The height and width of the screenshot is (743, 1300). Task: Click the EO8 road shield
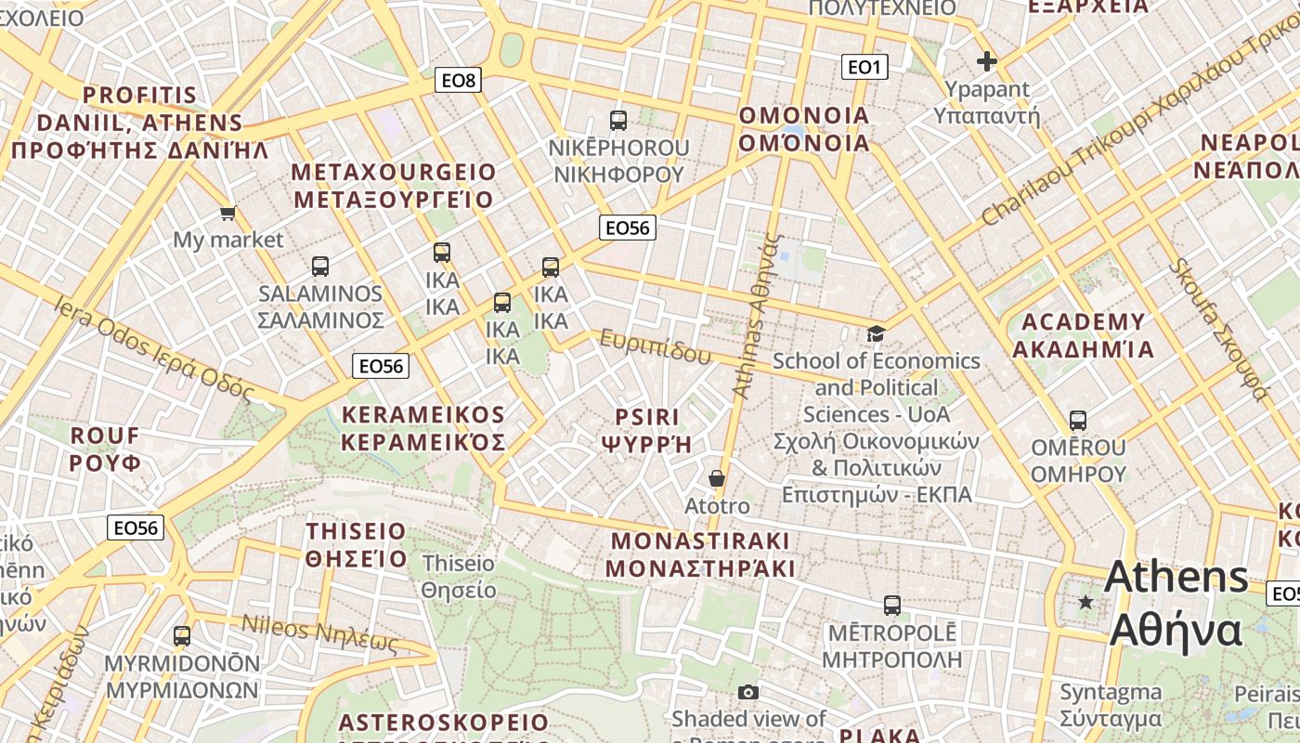[458, 81]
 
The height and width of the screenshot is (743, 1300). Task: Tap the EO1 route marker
[864, 67]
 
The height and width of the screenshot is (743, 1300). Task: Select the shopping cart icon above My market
[228, 214]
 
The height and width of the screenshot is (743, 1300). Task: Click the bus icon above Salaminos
[320, 267]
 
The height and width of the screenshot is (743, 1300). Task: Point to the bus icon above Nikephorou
[618, 120]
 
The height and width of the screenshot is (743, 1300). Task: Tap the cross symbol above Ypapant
[986, 62]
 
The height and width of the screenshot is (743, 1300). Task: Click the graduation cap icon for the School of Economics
[876, 333]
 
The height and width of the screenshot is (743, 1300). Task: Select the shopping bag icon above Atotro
[717, 478]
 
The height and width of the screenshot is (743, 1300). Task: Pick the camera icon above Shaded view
[748, 692]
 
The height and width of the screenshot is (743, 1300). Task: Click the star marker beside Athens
[1085, 602]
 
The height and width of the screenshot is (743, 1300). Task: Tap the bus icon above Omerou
[1078, 421]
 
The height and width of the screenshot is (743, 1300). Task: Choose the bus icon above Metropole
[892, 606]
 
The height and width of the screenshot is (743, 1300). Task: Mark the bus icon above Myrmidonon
[182, 636]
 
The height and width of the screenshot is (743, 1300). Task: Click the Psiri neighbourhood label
[647, 430]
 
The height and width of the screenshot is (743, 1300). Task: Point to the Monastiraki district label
[701, 554]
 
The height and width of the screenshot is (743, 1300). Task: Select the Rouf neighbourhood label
[105, 449]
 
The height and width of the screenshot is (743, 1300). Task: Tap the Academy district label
[1083, 335]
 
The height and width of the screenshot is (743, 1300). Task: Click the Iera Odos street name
[153, 347]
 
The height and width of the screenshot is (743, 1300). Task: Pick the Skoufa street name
[1217, 328]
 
